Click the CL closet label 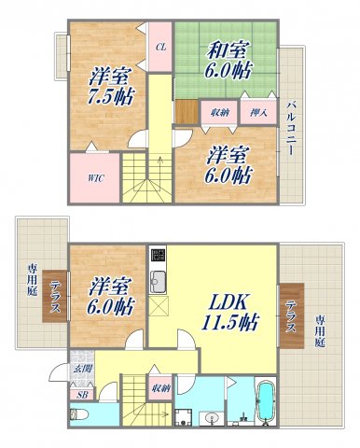(160, 46)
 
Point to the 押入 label (256, 112)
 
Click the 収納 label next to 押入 (220, 112)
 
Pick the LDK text (221, 302)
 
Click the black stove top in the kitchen (157, 255)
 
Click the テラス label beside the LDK (291, 315)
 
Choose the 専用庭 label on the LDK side (321, 332)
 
